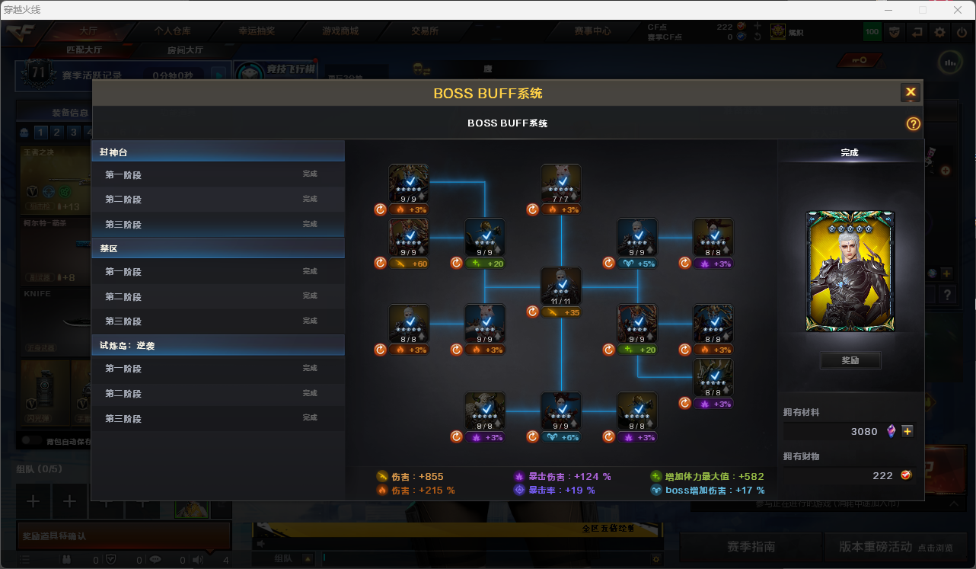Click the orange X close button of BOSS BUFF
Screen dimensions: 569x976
coord(910,93)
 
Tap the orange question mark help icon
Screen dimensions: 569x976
coord(914,123)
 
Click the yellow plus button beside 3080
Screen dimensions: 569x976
coord(907,431)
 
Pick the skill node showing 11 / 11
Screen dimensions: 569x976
coord(561,286)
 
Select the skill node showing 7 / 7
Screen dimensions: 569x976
coord(561,184)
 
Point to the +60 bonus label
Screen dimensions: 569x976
coord(409,264)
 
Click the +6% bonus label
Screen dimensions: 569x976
coord(561,437)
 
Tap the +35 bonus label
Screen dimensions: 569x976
coord(561,312)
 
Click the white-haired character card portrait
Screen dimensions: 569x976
coord(850,271)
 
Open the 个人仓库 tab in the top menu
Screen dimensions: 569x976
coord(172,31)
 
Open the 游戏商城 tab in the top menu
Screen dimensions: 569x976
coord(340,31)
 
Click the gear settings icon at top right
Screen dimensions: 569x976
coord(940,32)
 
